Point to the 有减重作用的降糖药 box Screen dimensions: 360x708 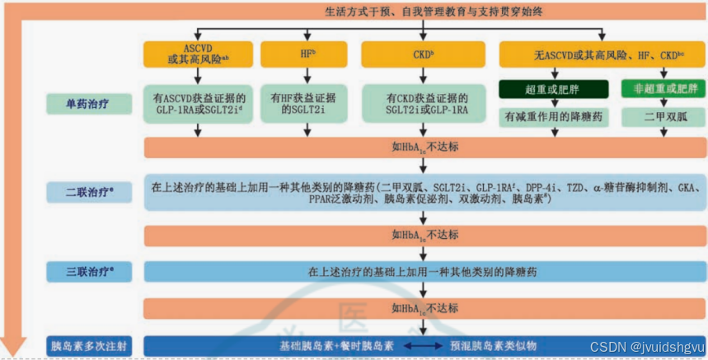coord(552,118)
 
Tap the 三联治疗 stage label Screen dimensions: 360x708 coord(88,270)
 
